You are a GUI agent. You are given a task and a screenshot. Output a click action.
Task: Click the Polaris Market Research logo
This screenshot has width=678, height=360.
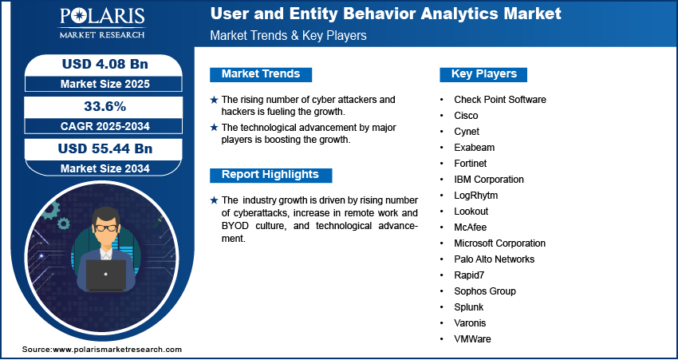pos(102,24)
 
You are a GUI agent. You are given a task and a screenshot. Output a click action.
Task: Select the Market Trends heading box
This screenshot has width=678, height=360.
pos(260,74)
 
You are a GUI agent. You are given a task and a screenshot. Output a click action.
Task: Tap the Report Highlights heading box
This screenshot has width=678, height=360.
pos(270,175)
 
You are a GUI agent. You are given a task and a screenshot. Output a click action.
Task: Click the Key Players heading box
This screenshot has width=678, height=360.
pos(483,74)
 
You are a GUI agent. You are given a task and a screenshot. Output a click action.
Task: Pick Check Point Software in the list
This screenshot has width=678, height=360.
pos(499,100)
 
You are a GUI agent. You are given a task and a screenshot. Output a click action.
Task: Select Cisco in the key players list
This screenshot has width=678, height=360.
pos(466,116)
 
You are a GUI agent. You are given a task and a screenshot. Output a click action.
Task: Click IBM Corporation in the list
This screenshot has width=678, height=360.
pos(489,180)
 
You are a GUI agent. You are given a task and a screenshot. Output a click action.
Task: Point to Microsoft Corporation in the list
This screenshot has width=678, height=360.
pos(499,243)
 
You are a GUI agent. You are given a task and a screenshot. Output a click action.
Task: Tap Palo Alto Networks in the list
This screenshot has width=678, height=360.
pos(494,259)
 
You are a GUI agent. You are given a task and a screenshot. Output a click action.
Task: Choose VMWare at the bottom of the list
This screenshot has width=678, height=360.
pos(472,339)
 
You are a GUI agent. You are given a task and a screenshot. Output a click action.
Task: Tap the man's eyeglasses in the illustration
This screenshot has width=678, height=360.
pos(105,227)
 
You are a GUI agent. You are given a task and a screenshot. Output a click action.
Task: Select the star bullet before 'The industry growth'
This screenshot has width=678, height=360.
pos(213,200)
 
